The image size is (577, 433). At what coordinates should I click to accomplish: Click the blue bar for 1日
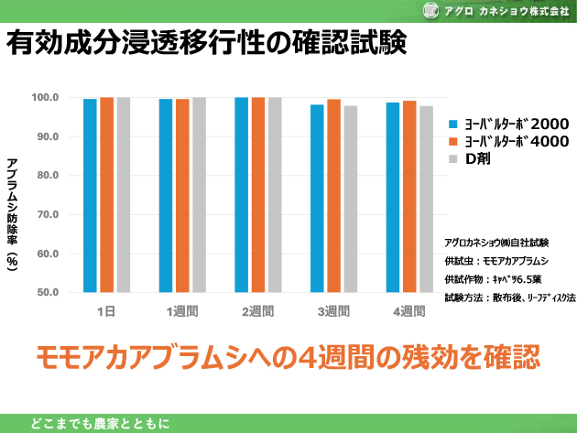(x=90, y=196)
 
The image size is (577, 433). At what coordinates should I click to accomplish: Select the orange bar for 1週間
(x=182, y=196)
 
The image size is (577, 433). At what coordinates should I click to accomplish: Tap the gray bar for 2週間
(x=275, y=195)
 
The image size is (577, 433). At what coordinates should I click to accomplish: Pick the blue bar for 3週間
(x=317, y=199)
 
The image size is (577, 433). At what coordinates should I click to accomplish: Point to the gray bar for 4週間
(x=426, y=200)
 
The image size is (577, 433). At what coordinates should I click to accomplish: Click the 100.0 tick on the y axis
(x=46, y=98)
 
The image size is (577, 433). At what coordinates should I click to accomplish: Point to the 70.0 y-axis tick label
(x=46, y=214)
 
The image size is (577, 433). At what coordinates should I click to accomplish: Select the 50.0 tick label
(x=46, y=293)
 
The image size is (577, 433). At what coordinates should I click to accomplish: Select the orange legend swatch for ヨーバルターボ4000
(x=453, y=141)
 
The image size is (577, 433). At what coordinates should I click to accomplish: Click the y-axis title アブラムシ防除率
(x=13, y=211)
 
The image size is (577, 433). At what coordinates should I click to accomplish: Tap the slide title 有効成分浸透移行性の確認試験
(x=206, y=44)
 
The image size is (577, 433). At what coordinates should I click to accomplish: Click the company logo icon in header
(x=455, y=11)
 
